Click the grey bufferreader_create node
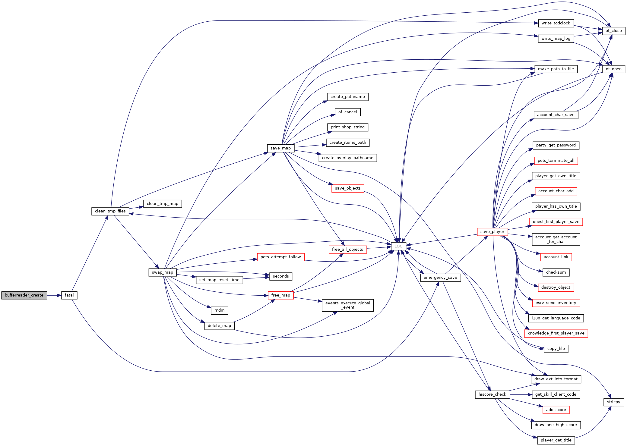24,295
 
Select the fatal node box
69,295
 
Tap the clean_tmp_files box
110,211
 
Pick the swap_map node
163,272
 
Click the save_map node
280,148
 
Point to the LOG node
398,246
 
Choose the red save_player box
492,232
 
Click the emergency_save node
440,278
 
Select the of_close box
613,31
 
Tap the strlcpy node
613,402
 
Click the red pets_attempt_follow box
280,257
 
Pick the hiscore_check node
492,394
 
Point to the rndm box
219,310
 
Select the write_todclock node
556,23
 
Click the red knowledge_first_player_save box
556,333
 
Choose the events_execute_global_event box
347,305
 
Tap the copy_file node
556,349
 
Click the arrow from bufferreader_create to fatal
54,295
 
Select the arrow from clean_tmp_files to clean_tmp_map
136,208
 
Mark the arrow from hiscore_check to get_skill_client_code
521,394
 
